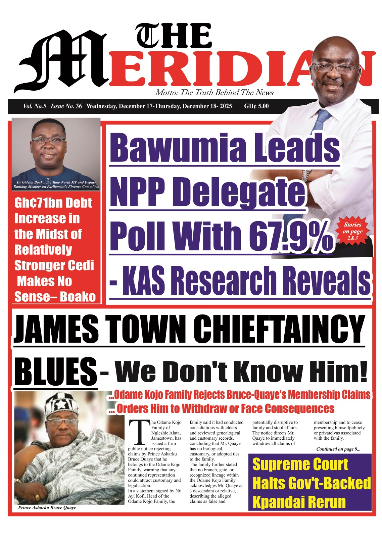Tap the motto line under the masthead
tap(214, 93)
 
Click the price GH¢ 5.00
tap(256, 106)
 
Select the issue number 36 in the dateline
tap(79, 106)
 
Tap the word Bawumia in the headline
tap(178, 147)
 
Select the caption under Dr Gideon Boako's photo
tap(56, 184)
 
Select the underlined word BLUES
tap(56, 372)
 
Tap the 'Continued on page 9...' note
tap(338, 449)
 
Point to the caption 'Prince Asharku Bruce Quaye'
tap(47, 507)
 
